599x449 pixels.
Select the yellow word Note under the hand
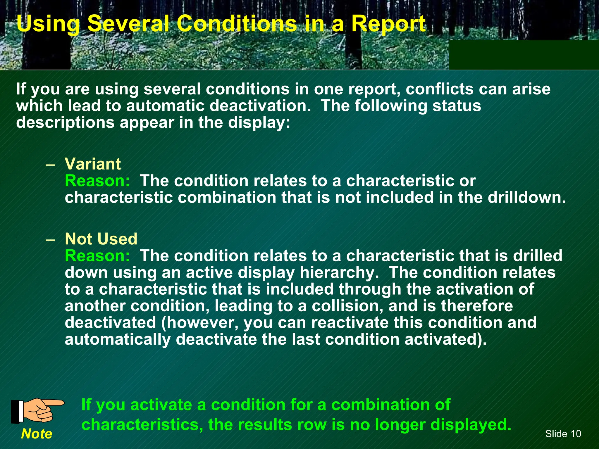(x=37, y=434)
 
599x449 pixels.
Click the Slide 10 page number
(x=563, y=434)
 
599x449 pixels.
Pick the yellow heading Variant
(x=93, y=164)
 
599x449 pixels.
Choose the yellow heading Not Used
(x=101, y=239)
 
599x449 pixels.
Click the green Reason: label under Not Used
(x=97, y=256)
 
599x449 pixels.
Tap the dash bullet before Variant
(x=50, y=164)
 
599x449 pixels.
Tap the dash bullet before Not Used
(x=50, y=239)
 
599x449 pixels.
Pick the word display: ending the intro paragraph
(x=259, y=122)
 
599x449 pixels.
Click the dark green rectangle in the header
(x=524, y=55)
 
